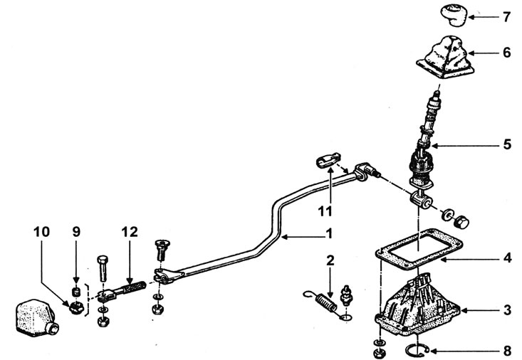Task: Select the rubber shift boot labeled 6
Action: click(445, 58)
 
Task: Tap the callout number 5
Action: click(507, 144)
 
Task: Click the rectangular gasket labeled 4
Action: click(419, 248)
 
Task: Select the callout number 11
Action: click(325, 211)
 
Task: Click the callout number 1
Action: click(329, 234)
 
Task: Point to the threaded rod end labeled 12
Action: click(122, 291)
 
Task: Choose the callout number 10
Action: click(41, 232)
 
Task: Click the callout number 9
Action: click(76, 232)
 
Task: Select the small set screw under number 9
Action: click(77, 292)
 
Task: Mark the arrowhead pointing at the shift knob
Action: click(471, 16)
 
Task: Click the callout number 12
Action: click(130, 232)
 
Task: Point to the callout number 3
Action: click(507, 310)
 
